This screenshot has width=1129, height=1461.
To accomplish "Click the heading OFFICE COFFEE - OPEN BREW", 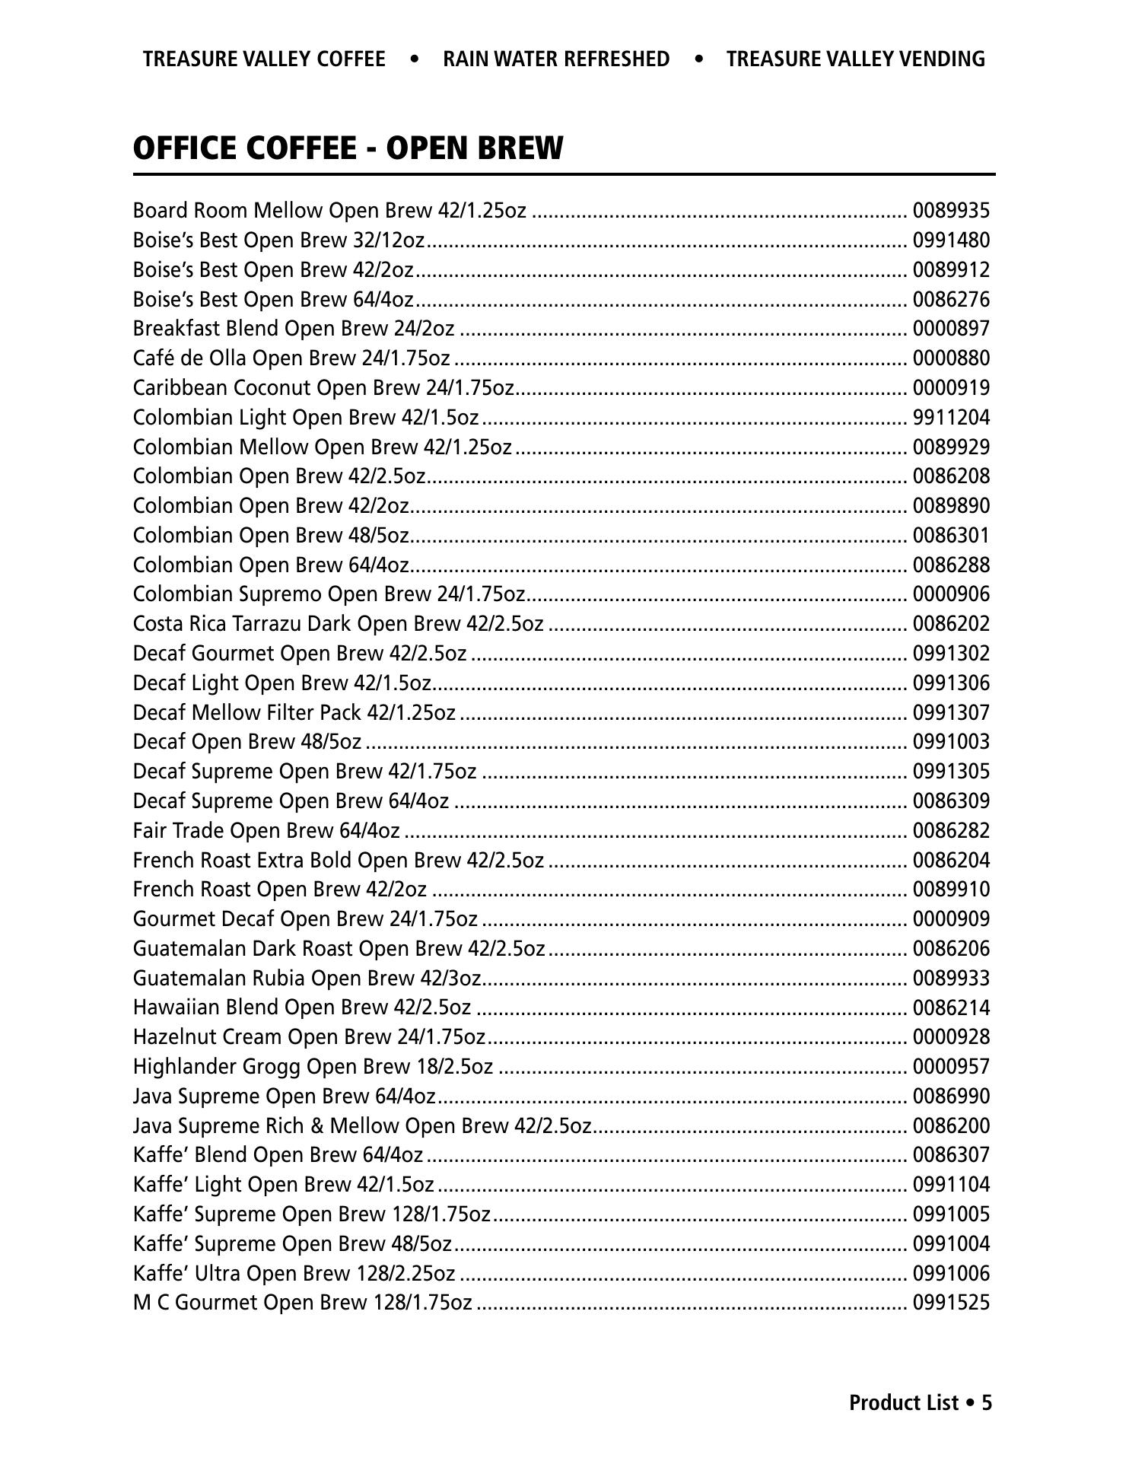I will [348, 148].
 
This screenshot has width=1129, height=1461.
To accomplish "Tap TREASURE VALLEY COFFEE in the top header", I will [263, 59].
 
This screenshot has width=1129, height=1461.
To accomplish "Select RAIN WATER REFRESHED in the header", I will [556, 59].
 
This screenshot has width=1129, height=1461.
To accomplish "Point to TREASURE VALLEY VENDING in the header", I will [855, 59].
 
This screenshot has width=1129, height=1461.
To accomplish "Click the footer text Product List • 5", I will [921, 1402].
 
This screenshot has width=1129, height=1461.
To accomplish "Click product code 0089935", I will [951, 211].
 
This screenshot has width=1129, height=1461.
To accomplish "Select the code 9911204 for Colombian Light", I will [951, 418].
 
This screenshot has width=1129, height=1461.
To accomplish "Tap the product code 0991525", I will [951, 1303].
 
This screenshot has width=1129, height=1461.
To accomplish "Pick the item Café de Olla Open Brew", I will [291, 358].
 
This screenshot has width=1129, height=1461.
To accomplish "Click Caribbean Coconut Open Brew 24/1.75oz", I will [323, 388].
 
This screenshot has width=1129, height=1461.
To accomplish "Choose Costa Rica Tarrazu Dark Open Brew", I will [338, 624].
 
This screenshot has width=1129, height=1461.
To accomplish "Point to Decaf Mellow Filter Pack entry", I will [294, 713].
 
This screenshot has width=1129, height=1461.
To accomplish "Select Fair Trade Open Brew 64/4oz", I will [266, 831].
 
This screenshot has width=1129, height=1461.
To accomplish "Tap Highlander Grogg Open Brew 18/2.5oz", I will [313, 1067].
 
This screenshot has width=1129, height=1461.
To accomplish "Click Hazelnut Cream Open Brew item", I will [309, 1037].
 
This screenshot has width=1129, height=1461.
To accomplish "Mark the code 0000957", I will [951, 1067].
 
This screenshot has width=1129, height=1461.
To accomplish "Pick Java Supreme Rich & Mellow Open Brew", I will [361, 1126].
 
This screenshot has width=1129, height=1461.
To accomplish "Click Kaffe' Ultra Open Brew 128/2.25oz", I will [294, 1274].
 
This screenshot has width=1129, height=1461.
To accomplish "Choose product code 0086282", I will [951, 831].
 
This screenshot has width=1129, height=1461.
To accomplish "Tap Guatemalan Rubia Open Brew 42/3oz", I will [307, 979].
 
